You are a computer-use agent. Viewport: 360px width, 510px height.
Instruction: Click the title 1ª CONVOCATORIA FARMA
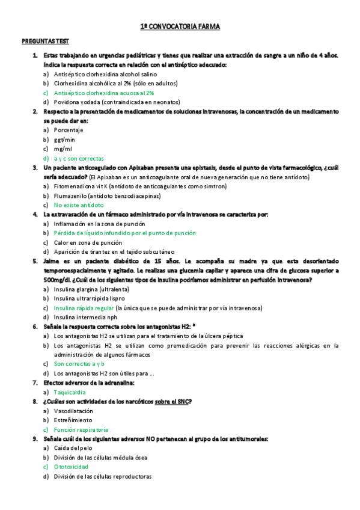(180, 27)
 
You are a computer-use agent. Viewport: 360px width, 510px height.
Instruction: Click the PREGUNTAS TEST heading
(45, 41)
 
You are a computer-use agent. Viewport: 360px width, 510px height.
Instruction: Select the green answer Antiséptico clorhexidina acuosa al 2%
(104, 93)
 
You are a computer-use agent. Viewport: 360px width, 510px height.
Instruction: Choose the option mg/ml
(63, 149)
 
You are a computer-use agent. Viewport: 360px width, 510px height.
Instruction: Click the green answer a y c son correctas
(79, 158)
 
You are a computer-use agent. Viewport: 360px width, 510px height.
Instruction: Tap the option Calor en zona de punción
(88, 242)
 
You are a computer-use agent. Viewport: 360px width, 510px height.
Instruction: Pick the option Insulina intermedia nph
(85, 317)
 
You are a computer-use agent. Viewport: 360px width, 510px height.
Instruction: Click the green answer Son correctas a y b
(79, 364)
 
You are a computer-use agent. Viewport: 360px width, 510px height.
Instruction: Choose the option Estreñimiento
(73, 420)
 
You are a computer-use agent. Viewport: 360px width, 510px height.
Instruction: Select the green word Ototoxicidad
(71, 467)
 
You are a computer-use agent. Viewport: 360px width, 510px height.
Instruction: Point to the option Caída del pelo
(74, 448)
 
